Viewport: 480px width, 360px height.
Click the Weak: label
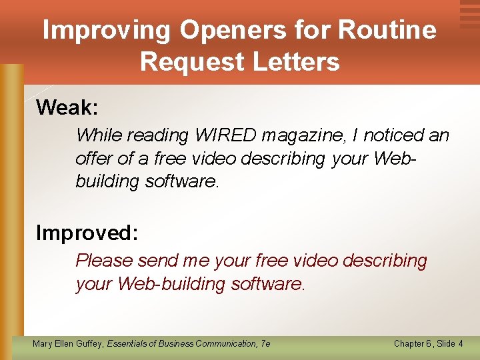tap(67, 107)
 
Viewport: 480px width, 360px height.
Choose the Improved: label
tap(87, 233)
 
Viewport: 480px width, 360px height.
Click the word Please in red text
tap(105, 261)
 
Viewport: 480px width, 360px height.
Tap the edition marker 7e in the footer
tap(265, 343)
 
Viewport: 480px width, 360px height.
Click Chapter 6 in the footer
tap(412, 343)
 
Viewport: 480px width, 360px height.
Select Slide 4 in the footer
tap(450, 343)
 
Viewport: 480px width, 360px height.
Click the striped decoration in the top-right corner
tap(469, 13)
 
